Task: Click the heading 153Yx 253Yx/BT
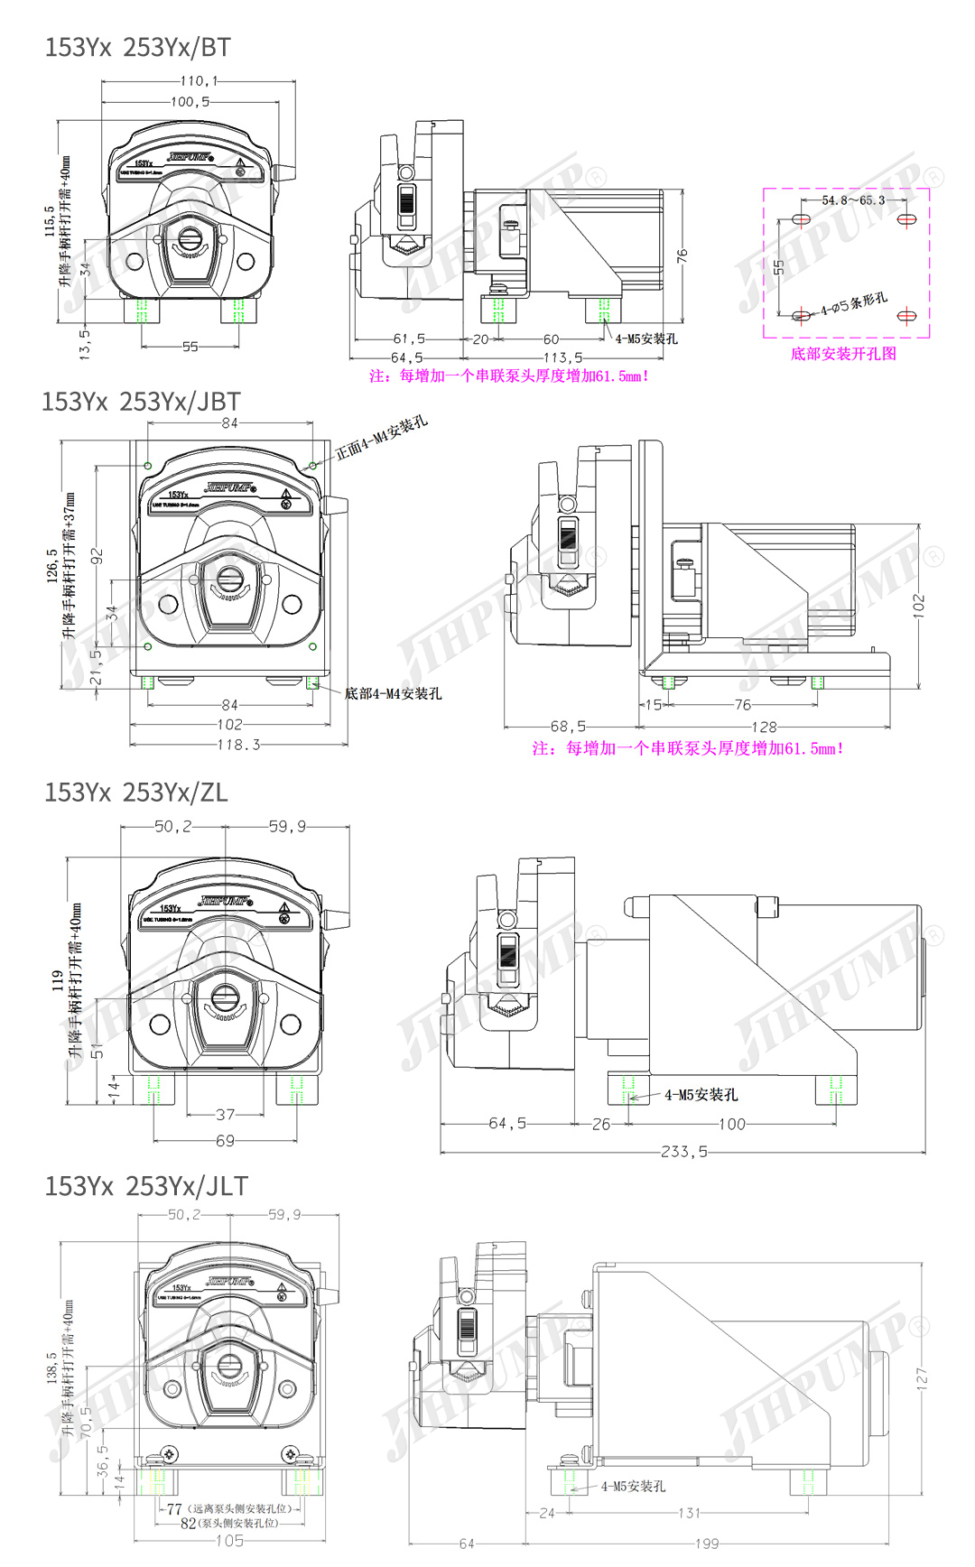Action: pyautogui.click(x=137, y=47)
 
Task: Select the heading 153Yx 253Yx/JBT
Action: pyautogui.click(x=141, y=402)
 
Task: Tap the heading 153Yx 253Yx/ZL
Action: pyautogui.click(x=136, y=793)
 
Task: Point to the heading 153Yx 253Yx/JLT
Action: pyautogui.click(x=146, y=1186)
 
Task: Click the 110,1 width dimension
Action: pyautogui.click(x=199, y=81)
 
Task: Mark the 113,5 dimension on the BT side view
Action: pyautogui.click(x=563, y=357)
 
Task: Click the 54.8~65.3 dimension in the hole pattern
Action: pyautogui.click(x=853, y=200)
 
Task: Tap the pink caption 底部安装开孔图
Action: pyautogui.click(x=843, y=354)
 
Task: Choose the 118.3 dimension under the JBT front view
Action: pyautogui.click(x=238, y=745)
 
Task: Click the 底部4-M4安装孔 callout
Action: pyautogui.click(x=393, y=693)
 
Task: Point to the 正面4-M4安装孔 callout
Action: pyautogui.click(x=381, y=438)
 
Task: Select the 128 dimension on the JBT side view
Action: pyautogui.click(x=764, y=727)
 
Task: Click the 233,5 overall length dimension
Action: pyautogui.click(x=683, y=1152)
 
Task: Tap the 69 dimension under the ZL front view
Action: pyautogui.click(x=225, y=1141)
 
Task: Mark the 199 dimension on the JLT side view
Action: pyautogui.click(x=707, y=1544)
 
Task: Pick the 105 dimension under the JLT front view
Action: pyautogui.click(x=229, y=1541)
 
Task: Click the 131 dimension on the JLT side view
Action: pyautogui.click(x=689, y=1513)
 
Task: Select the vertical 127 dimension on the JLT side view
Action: pyautogui.click(x=921, y=1377)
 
